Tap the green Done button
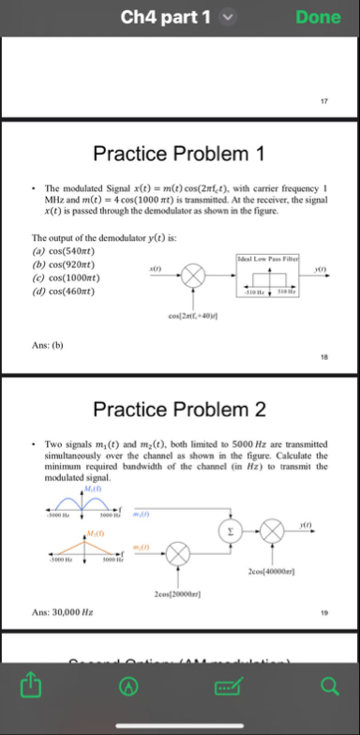[319, 17]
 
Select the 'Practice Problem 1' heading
[179, 153]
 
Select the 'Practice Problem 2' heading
[179, 409]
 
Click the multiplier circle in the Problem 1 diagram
[195, 276]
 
